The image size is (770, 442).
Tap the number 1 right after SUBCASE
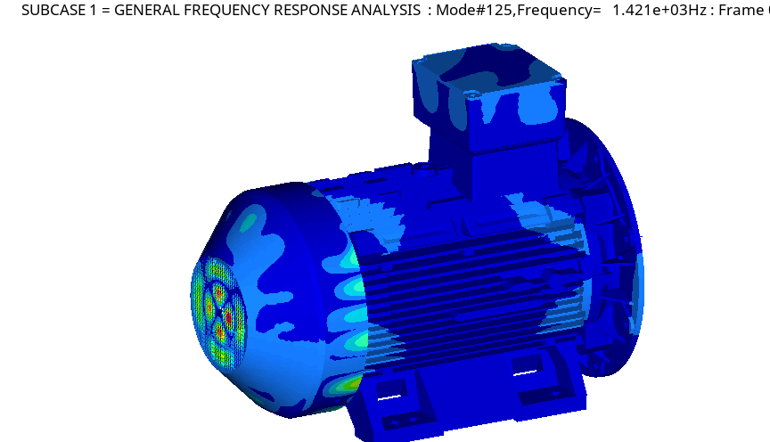(94, 10)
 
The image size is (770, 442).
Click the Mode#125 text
(474, 10)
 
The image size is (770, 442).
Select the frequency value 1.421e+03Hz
(659, 10)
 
